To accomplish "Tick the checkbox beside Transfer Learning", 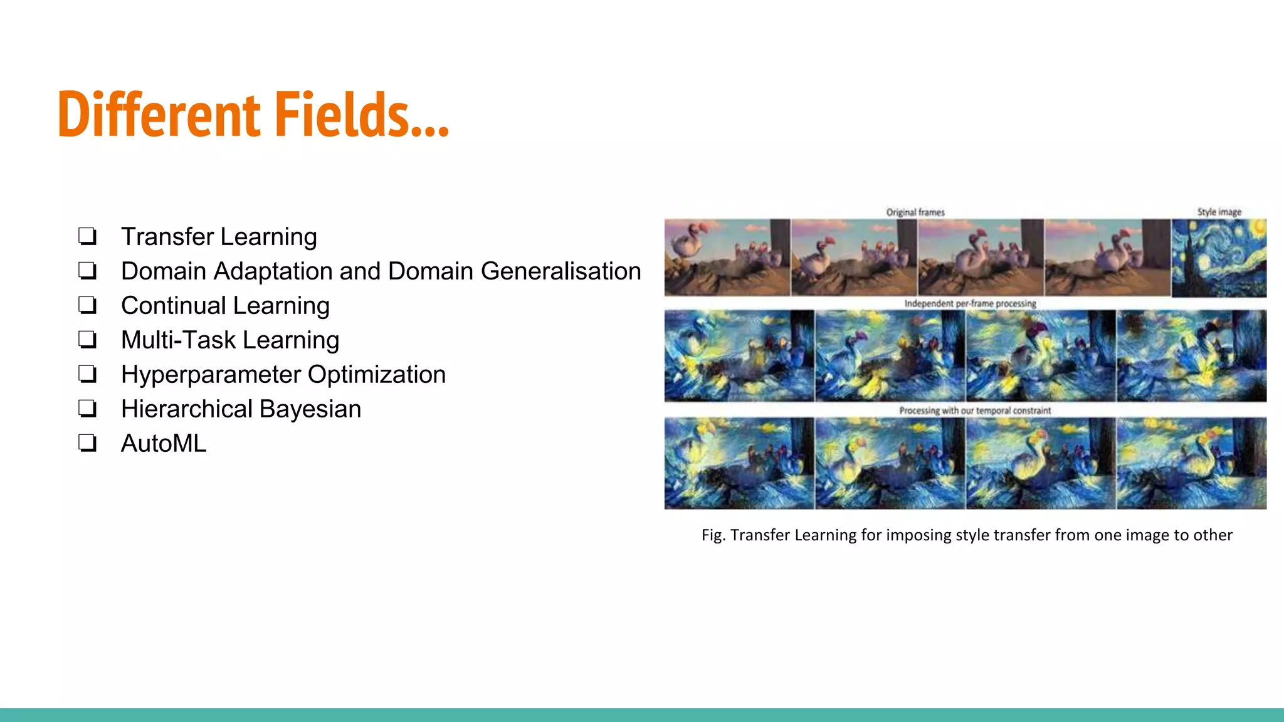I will [x=87, y=236].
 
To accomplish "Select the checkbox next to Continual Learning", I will [x=87, y=305].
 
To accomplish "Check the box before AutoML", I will [x=87, y=443].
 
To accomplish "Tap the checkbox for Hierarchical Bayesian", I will [x=87, y=409].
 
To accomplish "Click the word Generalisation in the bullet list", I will [x=560, y=271].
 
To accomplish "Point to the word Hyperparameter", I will [x=210, y=375].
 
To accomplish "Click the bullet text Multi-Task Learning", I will [x=229, y=340].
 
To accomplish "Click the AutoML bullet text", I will [x=163, y=444].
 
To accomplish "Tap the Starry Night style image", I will [x=1218, y=258].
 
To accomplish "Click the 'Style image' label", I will [x=1219, y=212].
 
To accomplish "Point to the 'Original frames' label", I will [x=915, y=212].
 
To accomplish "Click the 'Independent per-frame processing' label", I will [x=970, y=303].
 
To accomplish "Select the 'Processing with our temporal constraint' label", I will [x=975, y=411].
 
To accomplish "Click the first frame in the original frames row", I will [x=727, y=257].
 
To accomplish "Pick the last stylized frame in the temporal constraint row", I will [x=1191, y=463].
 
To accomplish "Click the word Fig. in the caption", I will [x=713, y=535].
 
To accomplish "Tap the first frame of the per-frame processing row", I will [x=739, y=355].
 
